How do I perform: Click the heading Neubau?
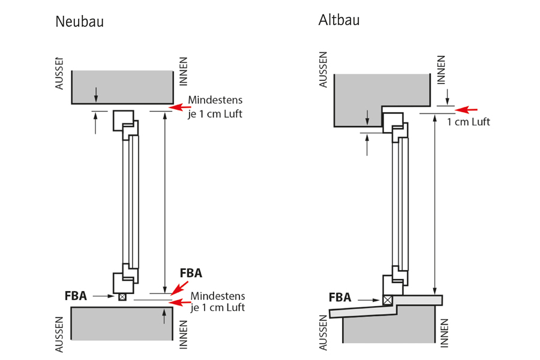(x=79, y=22)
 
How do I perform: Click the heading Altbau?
(x=339, y=20)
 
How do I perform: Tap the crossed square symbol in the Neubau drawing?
(x=122, y=296)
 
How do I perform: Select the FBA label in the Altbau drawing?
(x=341, y=297)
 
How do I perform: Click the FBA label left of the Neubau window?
(x=76, y=295)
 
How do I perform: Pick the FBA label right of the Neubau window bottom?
(x=191, y=273)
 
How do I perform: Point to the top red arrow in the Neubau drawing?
(x=180, y=107)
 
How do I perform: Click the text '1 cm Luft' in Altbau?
(x=469, y=122)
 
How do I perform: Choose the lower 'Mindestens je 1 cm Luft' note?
(x=217, y=302)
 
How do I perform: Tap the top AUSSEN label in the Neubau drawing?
(x=59, y=73)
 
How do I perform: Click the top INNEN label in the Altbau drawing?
(x=442, y=68)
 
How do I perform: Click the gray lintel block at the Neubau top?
(x=122, y=87)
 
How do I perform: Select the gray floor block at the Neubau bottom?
(x=122, y=323)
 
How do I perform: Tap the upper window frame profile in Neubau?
(x=122, y=119)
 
